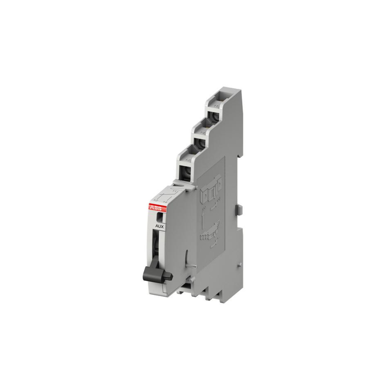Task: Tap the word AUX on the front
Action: point(160,226)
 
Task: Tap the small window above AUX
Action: point(159,217)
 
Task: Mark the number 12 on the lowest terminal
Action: point(188,160)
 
